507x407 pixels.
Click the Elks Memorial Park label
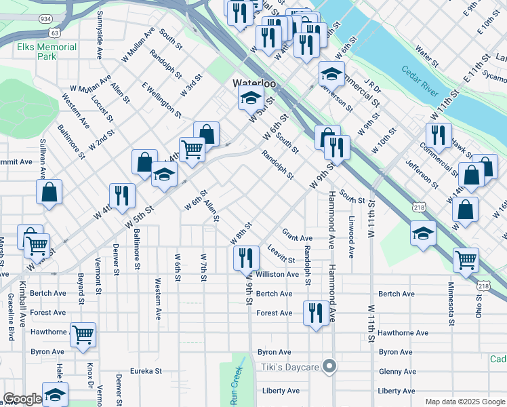(x=47, y=52)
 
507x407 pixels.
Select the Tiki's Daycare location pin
(x=329, y=367)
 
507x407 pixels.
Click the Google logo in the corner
(x=22, y=399)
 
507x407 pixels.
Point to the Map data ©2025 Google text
(x=465, y=402)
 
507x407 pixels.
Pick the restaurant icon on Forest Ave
(x=315, y=313)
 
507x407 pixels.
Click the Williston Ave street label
(x=277, y=275)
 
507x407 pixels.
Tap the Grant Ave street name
(x=297, y=237)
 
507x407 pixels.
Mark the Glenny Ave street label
(x=397, y=371)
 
